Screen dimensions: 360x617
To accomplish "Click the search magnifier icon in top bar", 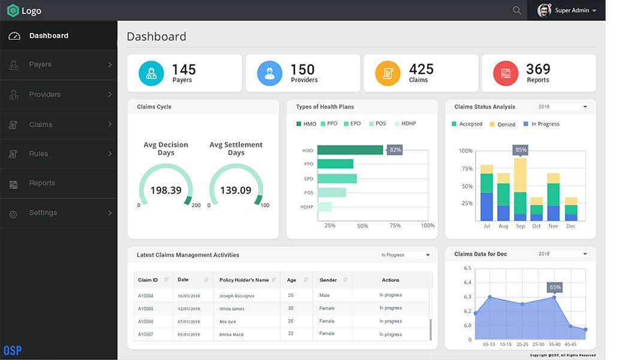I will (x=516, y=11).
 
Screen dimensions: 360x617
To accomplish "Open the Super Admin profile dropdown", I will (x=567, y=11).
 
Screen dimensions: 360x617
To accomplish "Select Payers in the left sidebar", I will (x=40, y=65).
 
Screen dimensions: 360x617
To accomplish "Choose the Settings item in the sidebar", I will (x=43, y=213).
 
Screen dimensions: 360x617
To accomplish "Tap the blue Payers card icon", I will (x=151, y=73).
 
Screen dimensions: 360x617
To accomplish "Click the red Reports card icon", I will (x=506, y=73).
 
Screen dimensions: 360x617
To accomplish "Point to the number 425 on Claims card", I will (x=421, y=69).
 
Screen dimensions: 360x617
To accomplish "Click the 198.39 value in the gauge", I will (x=166, y=190).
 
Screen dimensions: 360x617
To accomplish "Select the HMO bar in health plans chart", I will (x=350, y=150).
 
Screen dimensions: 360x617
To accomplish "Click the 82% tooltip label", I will (x=395, y=150).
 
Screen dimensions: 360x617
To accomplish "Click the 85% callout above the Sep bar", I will (x=521, y=150).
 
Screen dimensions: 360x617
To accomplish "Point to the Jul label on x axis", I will (x=486, y=226).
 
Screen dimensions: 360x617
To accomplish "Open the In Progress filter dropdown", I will (x=406, y=255).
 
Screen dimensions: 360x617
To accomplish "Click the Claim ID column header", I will (x=148, y=280).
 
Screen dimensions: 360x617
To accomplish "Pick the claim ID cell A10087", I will (x=146, y=334).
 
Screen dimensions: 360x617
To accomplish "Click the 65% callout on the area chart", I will (x=555, y=288).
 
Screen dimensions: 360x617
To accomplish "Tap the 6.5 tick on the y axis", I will (x=467, y=268).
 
